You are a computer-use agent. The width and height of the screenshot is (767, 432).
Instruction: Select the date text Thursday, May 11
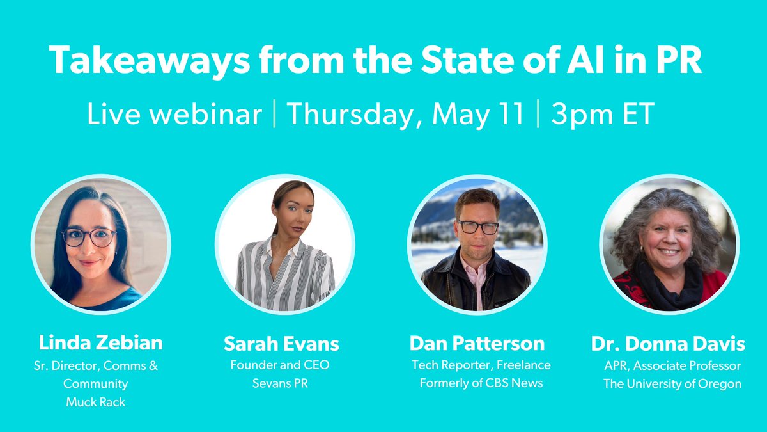[x=405, y=115]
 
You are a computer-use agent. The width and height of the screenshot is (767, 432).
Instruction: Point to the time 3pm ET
[x=602, y=115]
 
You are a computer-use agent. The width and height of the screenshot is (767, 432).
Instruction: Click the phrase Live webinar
[x=174, y=115]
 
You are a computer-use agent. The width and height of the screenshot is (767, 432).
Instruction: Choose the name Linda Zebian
[x=100, y=342]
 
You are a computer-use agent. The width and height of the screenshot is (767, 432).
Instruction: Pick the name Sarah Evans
[x=281, y=344]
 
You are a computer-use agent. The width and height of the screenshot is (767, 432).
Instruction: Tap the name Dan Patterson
[x=477, y=344]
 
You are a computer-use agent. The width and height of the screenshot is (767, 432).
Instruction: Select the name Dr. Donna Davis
[x=668, y=344]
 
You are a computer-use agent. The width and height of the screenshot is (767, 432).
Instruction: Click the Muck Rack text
[x=96, y=403]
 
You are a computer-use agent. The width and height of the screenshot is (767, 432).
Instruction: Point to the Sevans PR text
[x=281, y=384]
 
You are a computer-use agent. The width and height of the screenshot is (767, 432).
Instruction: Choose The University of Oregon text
[x=672, y=384]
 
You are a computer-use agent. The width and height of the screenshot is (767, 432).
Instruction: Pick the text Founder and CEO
[x=281, y=365]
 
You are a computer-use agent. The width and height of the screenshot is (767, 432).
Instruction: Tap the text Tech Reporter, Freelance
[x=481, y=365]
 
